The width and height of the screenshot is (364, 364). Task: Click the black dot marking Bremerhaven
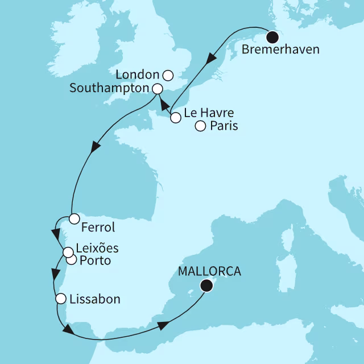273,38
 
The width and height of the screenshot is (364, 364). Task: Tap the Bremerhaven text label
280,49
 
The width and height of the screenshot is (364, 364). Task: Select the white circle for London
167,75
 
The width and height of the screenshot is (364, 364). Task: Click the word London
136,75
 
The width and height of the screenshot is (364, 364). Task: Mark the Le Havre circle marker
176,118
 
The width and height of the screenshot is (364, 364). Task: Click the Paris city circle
200,126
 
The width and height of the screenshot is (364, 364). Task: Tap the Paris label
224,126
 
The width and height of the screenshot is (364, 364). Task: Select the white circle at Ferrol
74,218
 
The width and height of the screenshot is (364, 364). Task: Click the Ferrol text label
98,228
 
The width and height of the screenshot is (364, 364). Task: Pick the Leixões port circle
67,252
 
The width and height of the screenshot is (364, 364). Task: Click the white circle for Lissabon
61,298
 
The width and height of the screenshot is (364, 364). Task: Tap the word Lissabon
96,299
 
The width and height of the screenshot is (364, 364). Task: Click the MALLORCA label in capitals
210,272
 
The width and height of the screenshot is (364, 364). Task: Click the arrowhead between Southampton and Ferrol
94,148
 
